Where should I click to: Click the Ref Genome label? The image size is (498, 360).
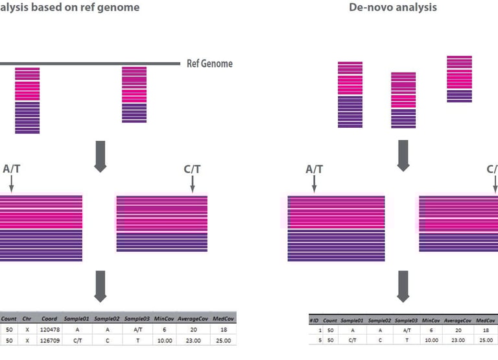209,64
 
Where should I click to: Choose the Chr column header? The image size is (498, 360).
28,318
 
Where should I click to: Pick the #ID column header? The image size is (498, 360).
314,320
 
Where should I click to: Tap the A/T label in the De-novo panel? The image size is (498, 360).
314,170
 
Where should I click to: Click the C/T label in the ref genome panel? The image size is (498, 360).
193,169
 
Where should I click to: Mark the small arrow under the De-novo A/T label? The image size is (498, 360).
314,185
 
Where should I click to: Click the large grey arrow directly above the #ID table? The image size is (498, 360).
403,286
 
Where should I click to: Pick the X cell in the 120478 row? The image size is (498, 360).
28,330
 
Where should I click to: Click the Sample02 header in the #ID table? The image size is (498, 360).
379,320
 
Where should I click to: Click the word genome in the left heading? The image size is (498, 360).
121,8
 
